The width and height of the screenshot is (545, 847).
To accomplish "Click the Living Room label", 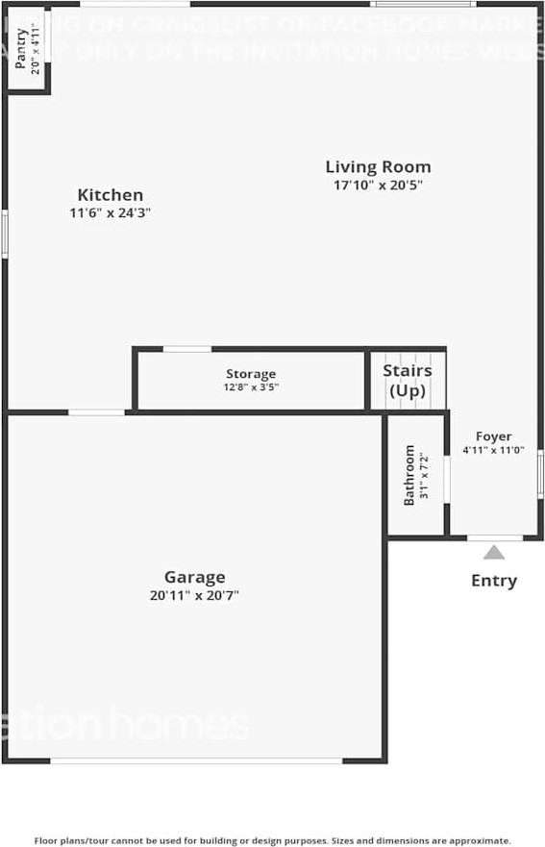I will coord(378,166).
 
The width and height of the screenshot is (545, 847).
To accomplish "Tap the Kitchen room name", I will coord(111,195).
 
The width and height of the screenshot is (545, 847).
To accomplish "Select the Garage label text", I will coord(194,577).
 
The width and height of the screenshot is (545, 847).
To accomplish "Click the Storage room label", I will coord(251,374).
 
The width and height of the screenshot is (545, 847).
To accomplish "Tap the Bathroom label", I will coord(409,475).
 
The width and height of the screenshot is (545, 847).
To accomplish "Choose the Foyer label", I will coord(493,436).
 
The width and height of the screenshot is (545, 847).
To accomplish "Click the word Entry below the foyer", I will coord(493,581).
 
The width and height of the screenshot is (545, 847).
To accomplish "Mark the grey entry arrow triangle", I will coord(493,552).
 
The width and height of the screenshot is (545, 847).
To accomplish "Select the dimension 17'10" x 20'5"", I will coord(378,185).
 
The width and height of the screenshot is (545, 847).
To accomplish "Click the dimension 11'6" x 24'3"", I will coord(111,213).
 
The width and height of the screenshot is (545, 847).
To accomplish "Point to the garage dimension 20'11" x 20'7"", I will coord(194,595).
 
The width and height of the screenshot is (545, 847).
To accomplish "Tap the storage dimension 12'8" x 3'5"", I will coord(251,387).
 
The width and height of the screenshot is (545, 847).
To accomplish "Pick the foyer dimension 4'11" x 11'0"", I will coord(493,449).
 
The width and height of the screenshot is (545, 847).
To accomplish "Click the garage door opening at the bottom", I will coord(196,760).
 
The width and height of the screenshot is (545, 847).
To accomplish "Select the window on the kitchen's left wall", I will coord(5,234).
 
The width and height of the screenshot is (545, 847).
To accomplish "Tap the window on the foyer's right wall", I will coord(540,475).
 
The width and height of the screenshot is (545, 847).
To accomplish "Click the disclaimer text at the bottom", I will coord(273,839).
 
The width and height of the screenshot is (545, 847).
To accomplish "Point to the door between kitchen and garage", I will coord(96,412).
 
